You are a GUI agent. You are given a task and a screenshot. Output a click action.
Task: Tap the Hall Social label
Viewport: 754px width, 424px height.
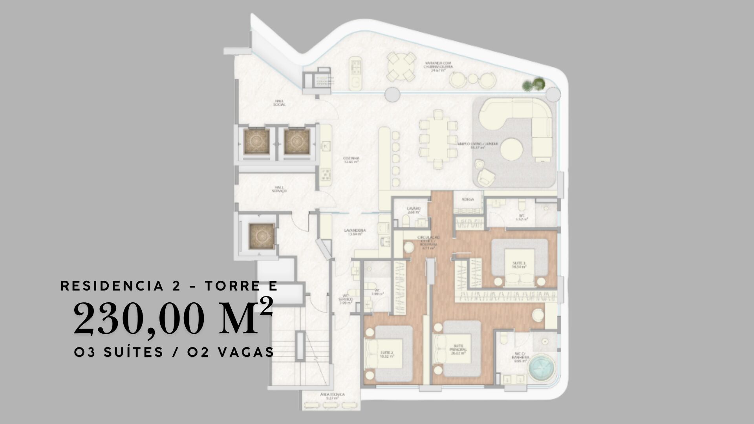tap(280, 103)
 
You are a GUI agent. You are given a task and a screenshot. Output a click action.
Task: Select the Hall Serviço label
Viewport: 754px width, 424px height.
tap(280, 189)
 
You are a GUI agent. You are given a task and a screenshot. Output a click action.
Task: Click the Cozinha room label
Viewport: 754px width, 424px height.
tap(351, 160)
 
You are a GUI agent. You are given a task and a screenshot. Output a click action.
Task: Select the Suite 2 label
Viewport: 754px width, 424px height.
tap(386, 355)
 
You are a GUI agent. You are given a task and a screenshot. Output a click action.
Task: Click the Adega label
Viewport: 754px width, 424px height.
tap(467, 199)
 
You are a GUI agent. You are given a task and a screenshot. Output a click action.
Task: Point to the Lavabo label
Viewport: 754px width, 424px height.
tap(414, 210)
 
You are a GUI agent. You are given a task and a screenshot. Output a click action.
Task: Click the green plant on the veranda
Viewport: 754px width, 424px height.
tap(534, 84)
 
